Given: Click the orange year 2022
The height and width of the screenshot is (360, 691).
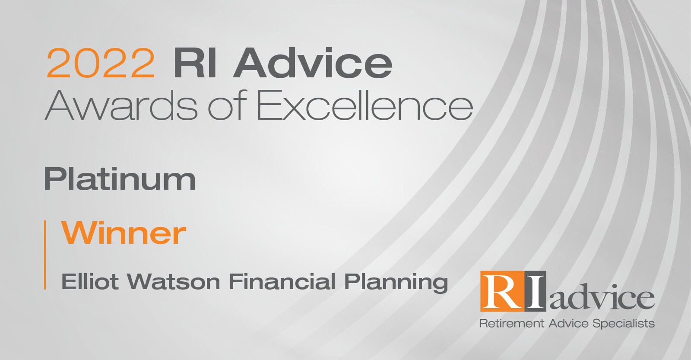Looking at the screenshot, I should tap(100, 63).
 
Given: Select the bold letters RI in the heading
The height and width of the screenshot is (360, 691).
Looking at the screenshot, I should tap(194, 63).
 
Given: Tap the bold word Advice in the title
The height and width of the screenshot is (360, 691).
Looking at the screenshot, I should tap(313, 63).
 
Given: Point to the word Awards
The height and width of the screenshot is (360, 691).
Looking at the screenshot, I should tap(121, 105).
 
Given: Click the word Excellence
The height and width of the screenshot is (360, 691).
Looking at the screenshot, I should tap(365, 105).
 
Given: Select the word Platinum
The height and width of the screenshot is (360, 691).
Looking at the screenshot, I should tap(120, 179).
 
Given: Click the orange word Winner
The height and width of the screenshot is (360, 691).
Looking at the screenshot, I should tap(124, 233).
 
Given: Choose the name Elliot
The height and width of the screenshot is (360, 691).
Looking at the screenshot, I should tap(90, 282).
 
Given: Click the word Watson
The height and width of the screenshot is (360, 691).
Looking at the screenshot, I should tap(174, 282).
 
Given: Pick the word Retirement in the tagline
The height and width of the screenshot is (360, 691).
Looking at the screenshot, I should tap(512, 323).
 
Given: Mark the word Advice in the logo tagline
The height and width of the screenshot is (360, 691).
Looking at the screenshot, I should tap(568, 323).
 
